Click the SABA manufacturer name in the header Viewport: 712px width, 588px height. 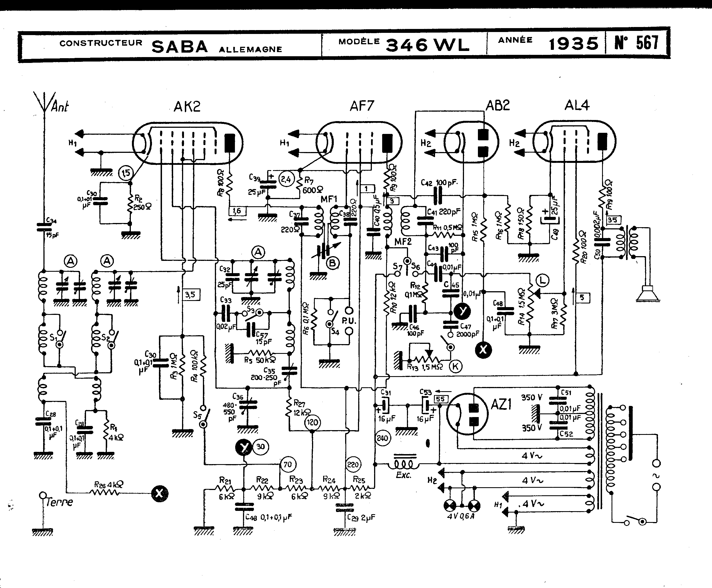[x=180, y=46]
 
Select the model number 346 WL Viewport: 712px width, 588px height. [x=427, y=45]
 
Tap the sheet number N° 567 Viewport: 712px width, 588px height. [x=637, y=43]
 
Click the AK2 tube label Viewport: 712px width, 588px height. [x=187, y=107]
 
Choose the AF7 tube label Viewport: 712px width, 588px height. [x=362, y=106]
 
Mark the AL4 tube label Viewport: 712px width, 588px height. [x=577, y=105]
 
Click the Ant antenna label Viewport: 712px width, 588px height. [x=60, y=107]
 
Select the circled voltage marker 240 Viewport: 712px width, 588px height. [x=382, y=438]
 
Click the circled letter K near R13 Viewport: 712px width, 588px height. [x=455, y=366]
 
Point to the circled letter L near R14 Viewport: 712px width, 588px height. [x=543, y=280]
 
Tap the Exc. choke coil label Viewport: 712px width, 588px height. [x=403, y=475]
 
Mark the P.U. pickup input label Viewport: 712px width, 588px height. [x=349, y=320]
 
